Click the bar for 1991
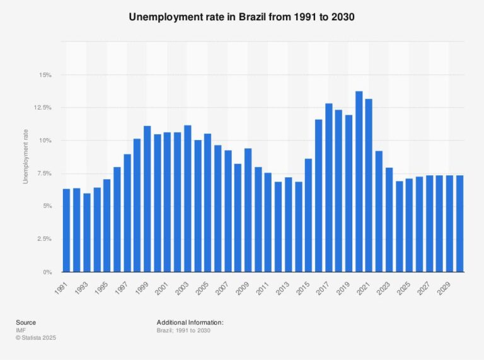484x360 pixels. coord(66,231)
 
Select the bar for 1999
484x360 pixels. coord(147,199)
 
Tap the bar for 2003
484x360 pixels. coord(187,199)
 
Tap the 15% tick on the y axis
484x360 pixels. coord(45,75)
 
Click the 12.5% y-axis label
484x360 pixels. coord(42,108)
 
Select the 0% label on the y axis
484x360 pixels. coord(47,272)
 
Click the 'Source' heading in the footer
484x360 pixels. coord(26,322)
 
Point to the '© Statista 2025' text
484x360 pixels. coord(35,337)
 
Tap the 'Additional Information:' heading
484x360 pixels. coord(190,322)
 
